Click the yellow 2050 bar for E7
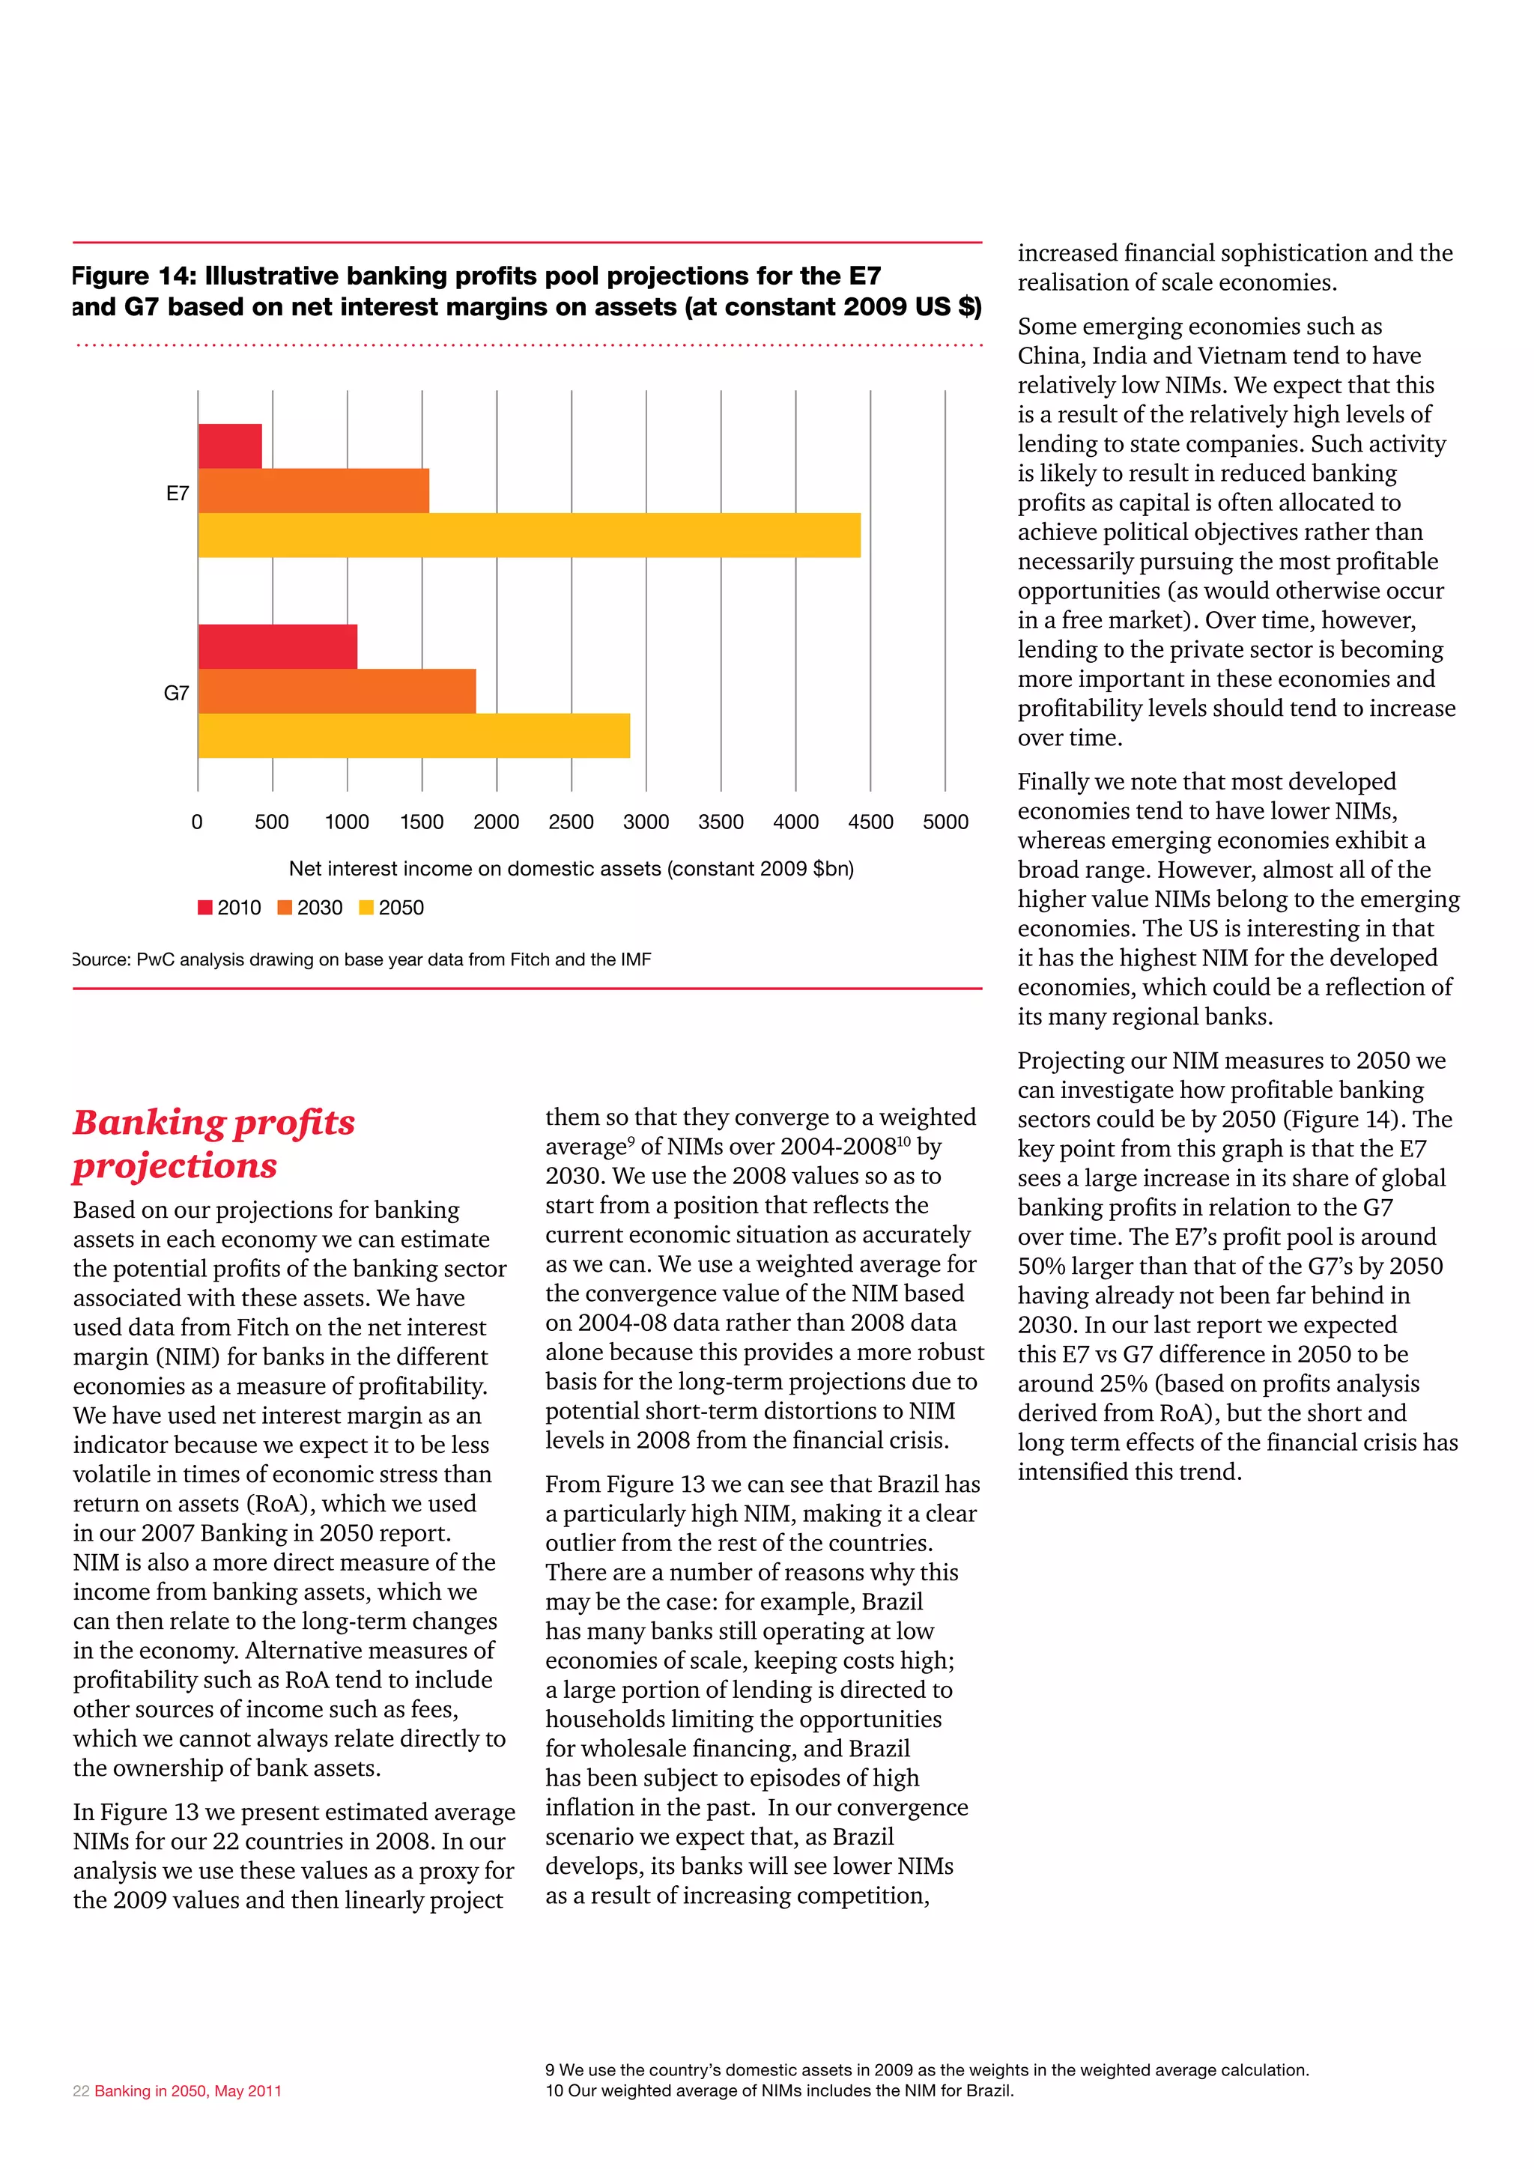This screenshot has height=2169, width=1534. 529,535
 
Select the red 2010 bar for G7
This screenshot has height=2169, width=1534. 278,646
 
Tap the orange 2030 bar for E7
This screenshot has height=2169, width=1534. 314,491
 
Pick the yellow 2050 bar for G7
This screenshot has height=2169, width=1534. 413,735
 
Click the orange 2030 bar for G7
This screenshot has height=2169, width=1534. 337,691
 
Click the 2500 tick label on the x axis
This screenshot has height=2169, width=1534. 571,822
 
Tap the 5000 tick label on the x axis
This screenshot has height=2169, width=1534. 945,822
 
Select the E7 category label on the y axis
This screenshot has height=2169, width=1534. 178,493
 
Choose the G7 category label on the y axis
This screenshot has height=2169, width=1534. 177,693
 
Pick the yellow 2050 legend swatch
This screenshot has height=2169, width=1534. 366,908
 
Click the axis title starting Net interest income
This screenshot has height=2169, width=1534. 571,868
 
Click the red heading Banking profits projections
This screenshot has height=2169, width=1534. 213,1143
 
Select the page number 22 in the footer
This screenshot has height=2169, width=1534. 81,2090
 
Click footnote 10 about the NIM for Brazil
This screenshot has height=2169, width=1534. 778,2090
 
